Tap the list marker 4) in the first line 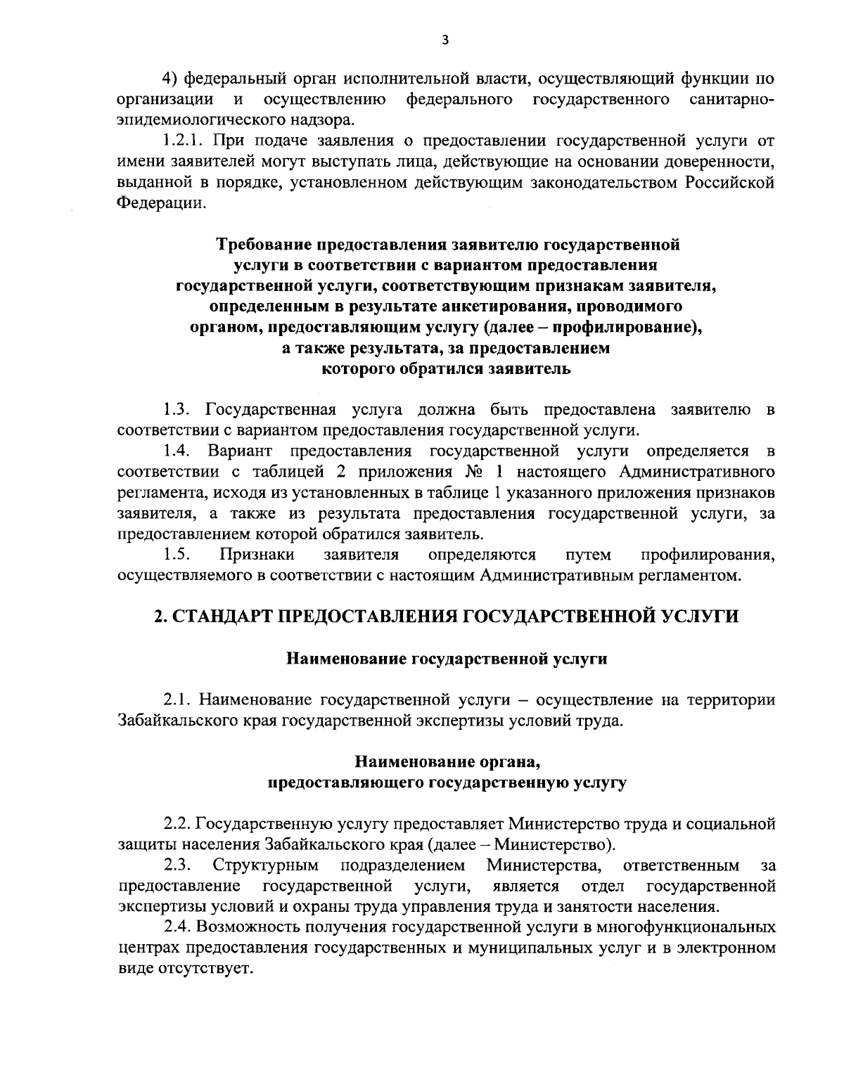(171, 77)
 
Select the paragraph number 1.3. (176, 409)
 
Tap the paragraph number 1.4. (176, 450)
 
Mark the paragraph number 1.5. (176, 555)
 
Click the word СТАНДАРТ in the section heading (222, 617)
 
